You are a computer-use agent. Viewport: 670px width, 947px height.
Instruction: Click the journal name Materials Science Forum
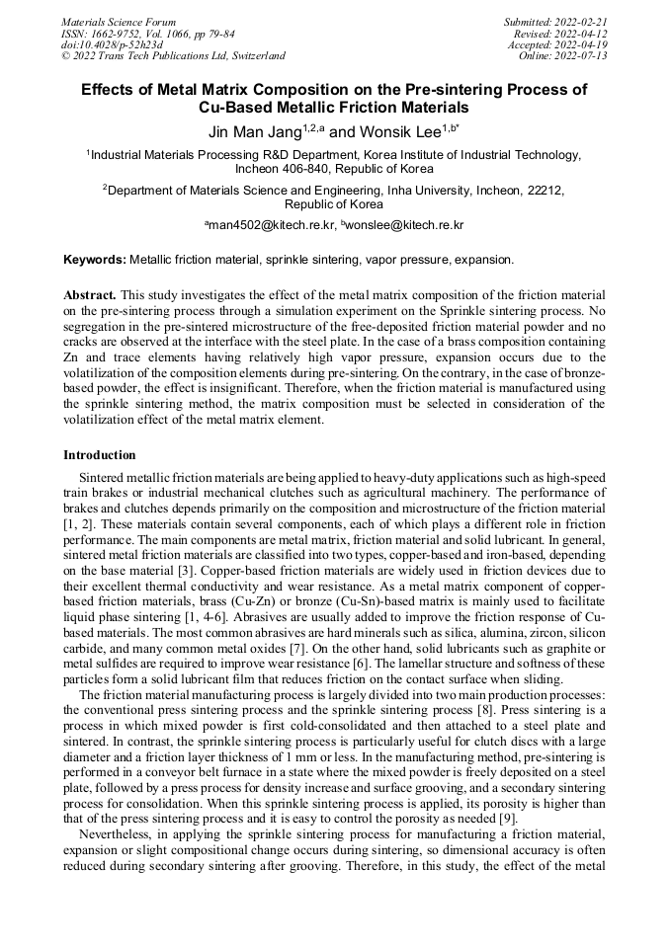(x=119, y=22)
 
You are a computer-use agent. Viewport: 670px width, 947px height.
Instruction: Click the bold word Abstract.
(x=90, y=295)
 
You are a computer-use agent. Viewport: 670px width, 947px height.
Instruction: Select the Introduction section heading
(x=100, y=455)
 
